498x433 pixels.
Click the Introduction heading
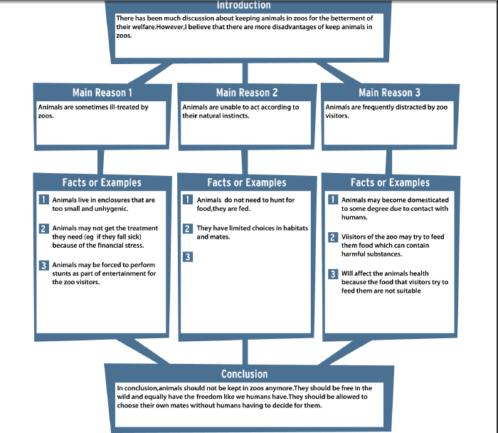[x=243, y=5]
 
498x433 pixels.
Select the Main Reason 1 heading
[x=102, y=93]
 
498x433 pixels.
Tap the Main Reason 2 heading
[x=247, y=93]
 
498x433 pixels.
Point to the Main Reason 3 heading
[x=389, y=93]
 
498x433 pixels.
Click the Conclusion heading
[x=244, y=374]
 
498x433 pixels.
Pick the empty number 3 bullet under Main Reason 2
[x=188, y=256]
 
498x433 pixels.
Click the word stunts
[x=60, y=273]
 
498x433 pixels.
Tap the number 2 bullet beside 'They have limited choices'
[x=188, y=229]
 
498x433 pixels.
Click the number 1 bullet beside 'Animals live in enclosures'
[x=43, y=199]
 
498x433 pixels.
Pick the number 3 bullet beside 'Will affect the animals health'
[x=333, y=273]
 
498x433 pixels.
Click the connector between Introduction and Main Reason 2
[x=245, y=73]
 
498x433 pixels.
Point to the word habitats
[x=296, y=228]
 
